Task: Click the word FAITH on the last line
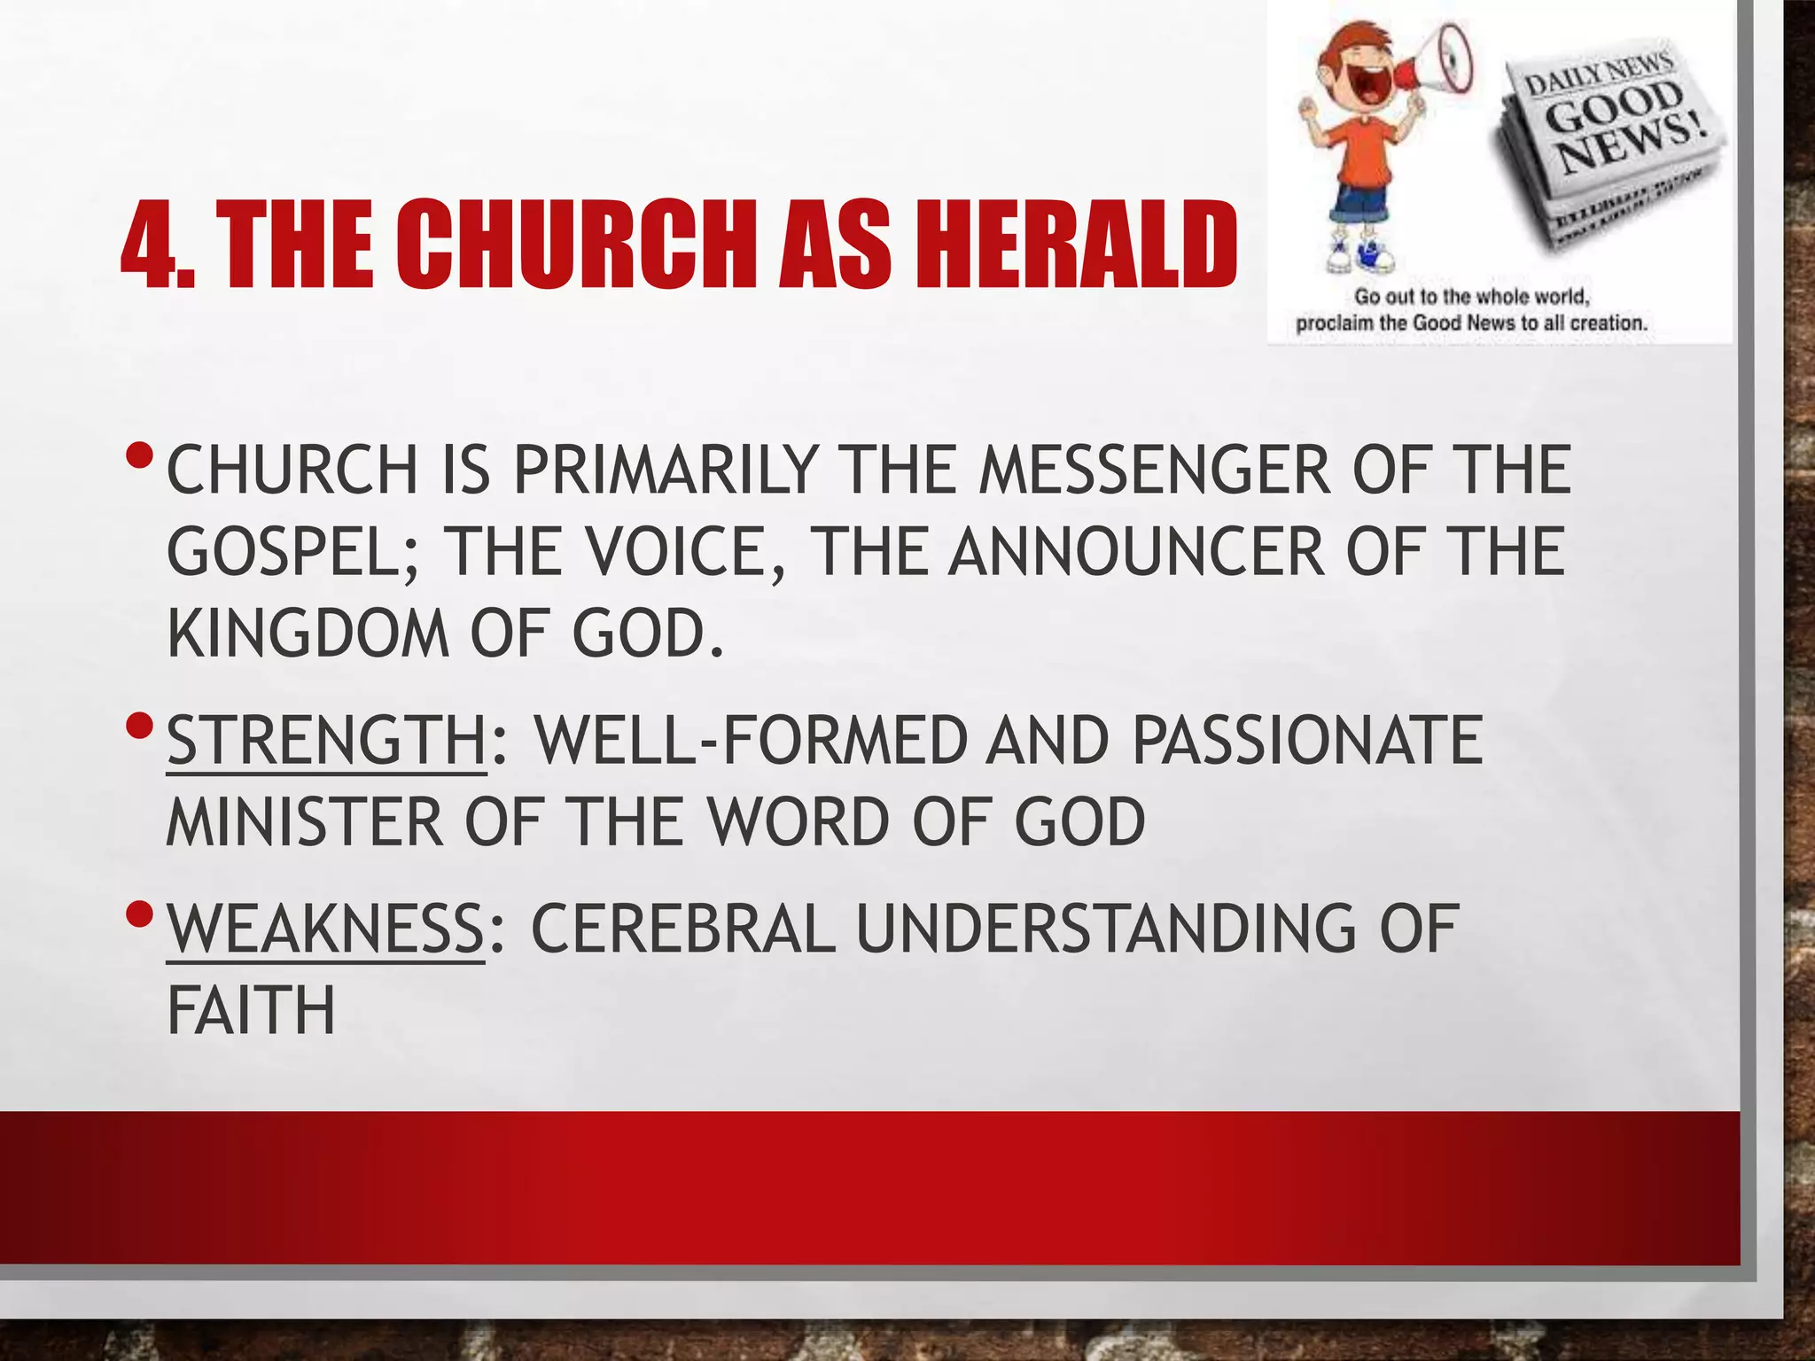pyautogui.click(x=252, y=1011)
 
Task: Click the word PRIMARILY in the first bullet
pyautogui.click(x=665, y=470)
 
